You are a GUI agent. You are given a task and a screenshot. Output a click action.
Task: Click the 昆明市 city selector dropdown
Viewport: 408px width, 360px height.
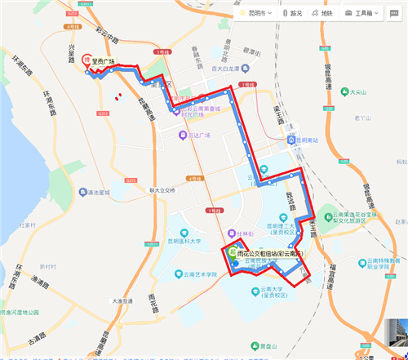[257, 14]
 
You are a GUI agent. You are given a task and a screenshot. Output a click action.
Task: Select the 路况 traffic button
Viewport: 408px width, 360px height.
[291, 14]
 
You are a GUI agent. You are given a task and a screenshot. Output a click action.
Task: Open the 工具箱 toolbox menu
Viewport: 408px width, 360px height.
[361, 14]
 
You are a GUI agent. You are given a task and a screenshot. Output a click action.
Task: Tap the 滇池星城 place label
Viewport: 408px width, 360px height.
[97, 194]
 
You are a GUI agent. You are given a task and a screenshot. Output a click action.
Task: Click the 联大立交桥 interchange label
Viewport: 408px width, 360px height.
[163, 190]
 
